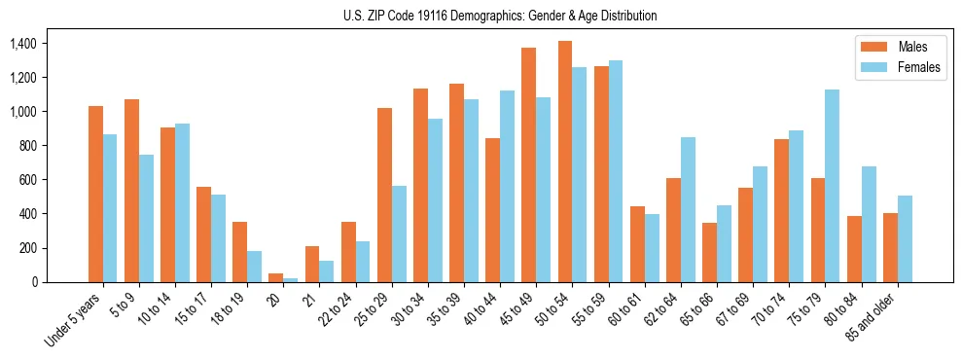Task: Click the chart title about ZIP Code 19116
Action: click(500, 16)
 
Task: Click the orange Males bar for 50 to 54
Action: click(565, 162)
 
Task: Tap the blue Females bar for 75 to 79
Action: click(832, 186)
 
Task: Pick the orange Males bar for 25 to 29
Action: click(384, 195)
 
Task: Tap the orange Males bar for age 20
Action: click(276, 277)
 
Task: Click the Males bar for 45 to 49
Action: click(529, 164)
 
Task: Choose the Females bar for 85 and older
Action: click(905, 238)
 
